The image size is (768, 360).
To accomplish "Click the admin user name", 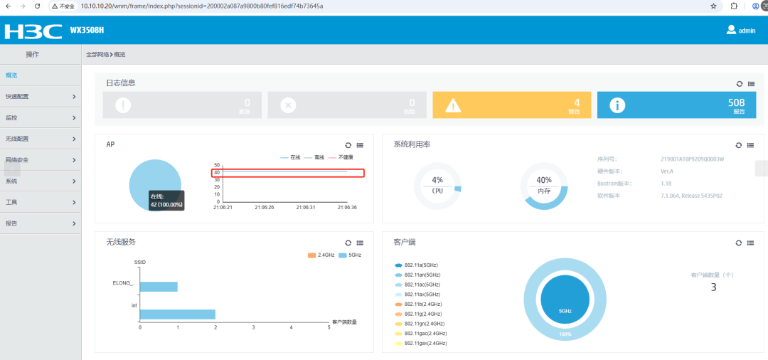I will pos(747,31).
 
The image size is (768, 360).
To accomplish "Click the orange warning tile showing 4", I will pos(511,105).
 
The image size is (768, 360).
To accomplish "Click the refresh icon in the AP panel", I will pos(348,145).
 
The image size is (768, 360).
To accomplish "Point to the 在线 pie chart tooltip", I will pos(166,200).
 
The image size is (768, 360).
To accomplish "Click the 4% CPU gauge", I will pos(437,186).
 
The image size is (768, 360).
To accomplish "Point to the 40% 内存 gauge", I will pos(544,186).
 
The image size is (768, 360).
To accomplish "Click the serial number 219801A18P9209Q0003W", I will pos(692,159).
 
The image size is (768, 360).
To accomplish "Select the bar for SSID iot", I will pos(177,314).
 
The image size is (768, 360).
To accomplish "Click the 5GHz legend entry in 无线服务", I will pos(351,255).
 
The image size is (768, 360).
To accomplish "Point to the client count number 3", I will pos(713,287).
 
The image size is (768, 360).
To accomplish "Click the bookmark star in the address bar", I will pos(713,6).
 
